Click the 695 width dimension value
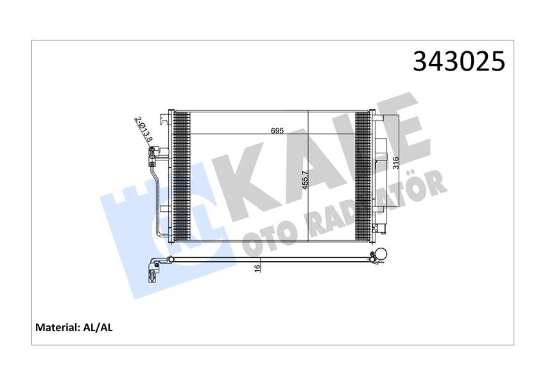[x=277, y=130]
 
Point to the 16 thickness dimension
[x=256, y=268]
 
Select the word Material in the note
[x=56, y=327]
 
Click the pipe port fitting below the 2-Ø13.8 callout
[x=153, y=153]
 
